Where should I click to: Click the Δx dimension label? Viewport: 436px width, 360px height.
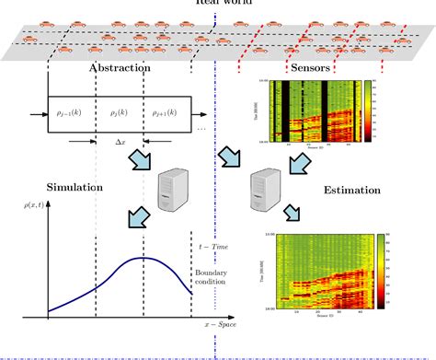pyautogui.click(x=120, y=145)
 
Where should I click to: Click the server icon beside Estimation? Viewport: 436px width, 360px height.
pyautogui.click(x=266, y=191)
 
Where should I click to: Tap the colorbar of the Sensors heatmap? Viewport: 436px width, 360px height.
pyautogui.click(x=369, y=110)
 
